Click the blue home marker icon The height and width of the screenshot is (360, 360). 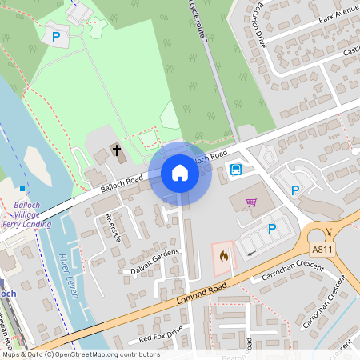coord(180,173)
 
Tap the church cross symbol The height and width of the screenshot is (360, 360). coord(116,150)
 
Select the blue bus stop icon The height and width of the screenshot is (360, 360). coord(236,169)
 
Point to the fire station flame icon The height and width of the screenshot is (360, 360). coord(223,255)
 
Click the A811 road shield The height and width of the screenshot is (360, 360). coord(322,250)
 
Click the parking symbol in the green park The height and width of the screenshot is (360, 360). coord(56,36)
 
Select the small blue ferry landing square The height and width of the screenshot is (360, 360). coord(22,189)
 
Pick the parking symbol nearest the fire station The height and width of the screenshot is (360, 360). coord(271,229)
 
